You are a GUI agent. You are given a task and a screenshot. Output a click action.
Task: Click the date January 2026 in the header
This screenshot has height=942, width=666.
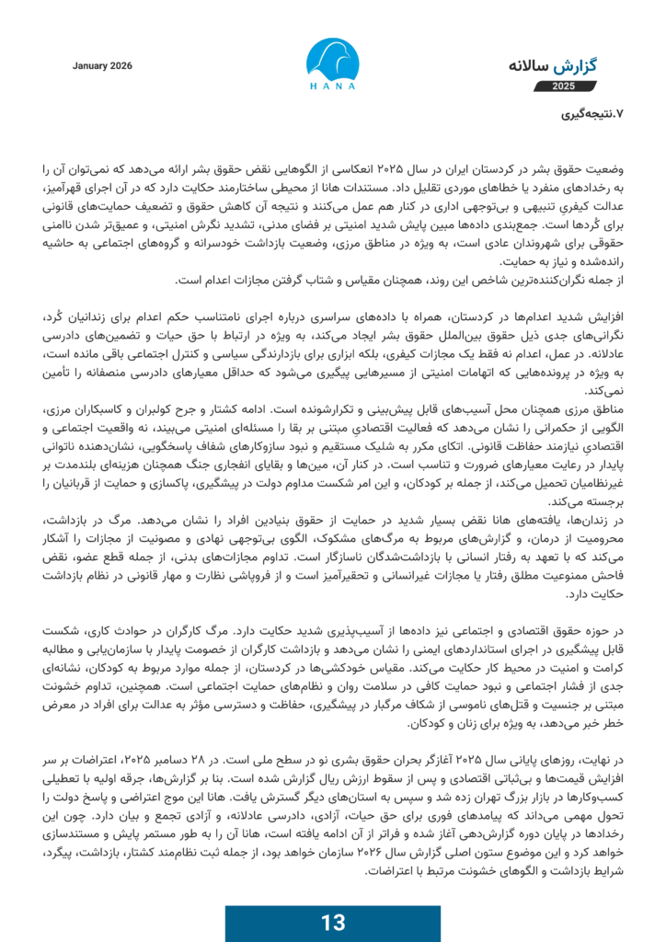(x=102, y=66)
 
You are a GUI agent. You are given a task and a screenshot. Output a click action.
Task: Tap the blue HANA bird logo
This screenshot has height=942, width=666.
(x=332, y=56)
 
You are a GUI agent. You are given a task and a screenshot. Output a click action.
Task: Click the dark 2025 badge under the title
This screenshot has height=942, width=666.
(x=563, y=86)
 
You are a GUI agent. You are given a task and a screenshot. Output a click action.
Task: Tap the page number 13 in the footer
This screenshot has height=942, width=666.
(x=332, y=923)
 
